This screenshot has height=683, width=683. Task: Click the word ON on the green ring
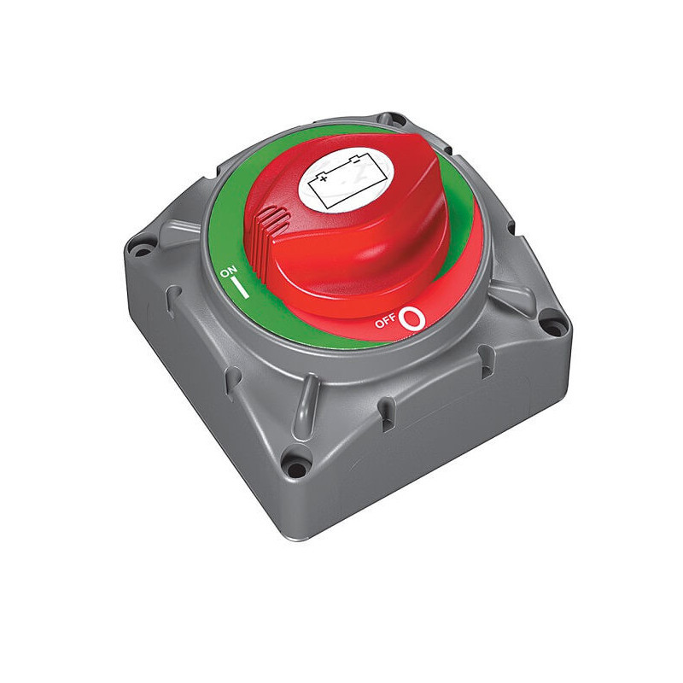[x=228, y=272]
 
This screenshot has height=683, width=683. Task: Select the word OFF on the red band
[x=385, y=324]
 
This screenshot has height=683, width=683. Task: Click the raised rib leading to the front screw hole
[x=307, y=408]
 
